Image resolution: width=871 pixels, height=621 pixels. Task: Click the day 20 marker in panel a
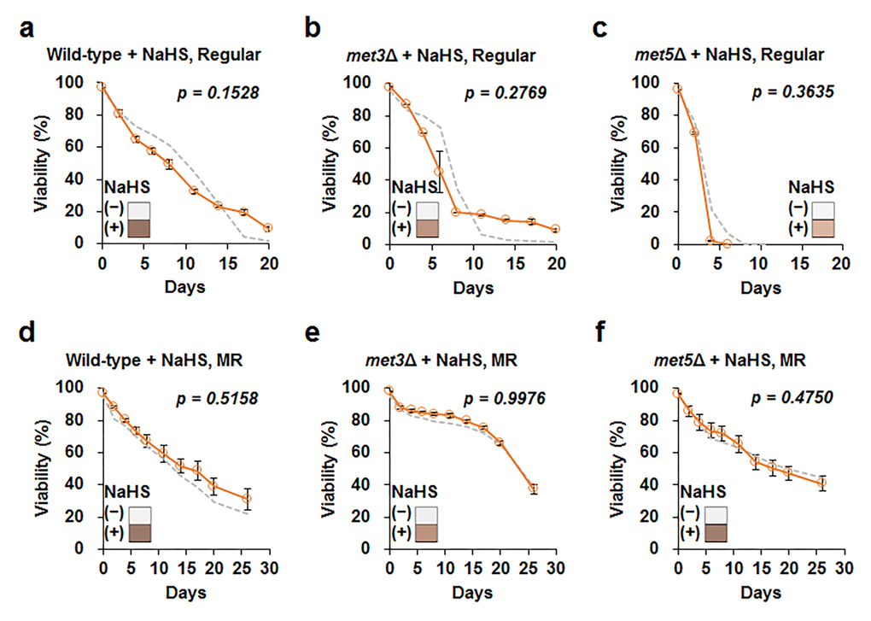(x=268, y=228)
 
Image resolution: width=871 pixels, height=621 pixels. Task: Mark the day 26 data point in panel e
(x=534, y=489)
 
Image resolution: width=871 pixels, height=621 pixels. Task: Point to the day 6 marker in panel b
(x=439, y=172)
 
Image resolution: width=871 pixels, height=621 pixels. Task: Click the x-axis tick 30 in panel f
(x=844, y=566)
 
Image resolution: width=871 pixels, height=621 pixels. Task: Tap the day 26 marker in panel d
(x=247, y=499)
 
